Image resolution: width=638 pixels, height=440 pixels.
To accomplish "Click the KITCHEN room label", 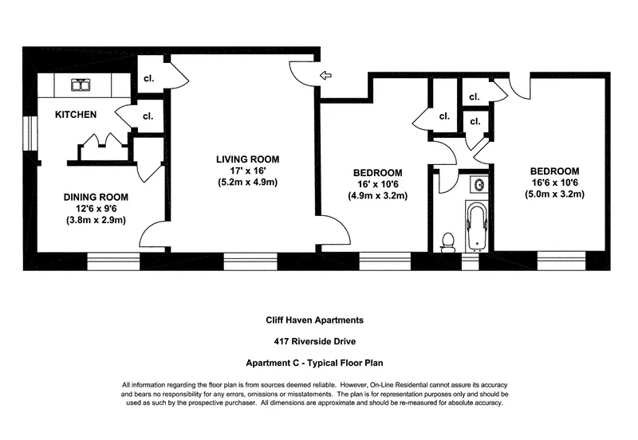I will pyautogui.click(x=76, y=115).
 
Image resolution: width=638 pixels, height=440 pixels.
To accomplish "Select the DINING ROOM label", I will pyautogui.click(x=96, y=197).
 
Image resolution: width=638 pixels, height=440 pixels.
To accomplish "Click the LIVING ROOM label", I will pyautogui.click(x=246, y=158).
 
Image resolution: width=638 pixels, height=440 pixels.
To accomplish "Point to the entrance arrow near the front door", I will pyautogui.click(x=325, y=76).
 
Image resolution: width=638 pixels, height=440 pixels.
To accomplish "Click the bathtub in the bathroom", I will pyautogui.click(x=475, y=226).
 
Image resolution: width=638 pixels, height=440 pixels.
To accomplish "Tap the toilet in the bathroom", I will pyautogui.click(x=448, y=240).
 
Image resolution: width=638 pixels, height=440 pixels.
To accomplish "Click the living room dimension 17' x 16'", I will pyautogui.click(x=246, y=170).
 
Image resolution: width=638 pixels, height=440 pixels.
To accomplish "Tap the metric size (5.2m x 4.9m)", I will pyautogui.click(x=246, y=182).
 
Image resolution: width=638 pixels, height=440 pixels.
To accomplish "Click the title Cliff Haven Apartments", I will pyautogui.click(x=314, y=320).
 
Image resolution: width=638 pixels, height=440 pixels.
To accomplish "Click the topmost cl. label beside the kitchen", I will pyautogui.click(x=148, y=79).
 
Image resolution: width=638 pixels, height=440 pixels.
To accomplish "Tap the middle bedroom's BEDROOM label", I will pyautogui.click(x=377, y=172).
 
